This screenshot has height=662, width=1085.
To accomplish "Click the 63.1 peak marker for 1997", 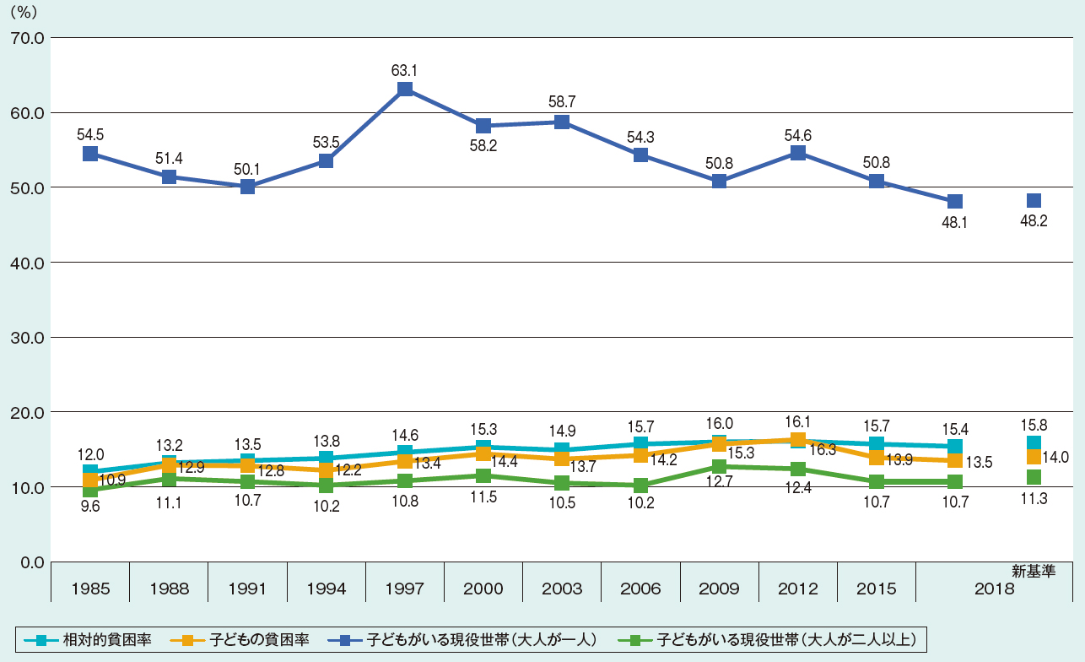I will click(405, 90).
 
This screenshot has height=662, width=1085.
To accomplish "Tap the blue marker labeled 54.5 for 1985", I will click(90, 154).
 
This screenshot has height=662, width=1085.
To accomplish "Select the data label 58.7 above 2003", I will click(562, 100).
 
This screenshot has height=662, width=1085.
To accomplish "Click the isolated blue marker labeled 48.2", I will click(1034, 201).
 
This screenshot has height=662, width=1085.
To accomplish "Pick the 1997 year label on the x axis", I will click(405, 589).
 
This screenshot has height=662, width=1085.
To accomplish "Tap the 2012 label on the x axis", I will click(797, 589).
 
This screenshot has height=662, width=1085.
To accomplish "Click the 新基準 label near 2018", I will click(1034, 571).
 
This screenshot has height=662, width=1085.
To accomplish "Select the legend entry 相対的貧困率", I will click(94, 639).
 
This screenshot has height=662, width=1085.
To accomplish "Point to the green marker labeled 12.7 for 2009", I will click(719, 466).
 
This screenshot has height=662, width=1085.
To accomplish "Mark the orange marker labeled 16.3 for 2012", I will click(797, 440).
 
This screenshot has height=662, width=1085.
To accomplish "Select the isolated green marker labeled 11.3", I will click(1034, 477).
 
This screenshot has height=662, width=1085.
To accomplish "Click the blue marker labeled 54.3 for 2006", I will click(640, 155).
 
